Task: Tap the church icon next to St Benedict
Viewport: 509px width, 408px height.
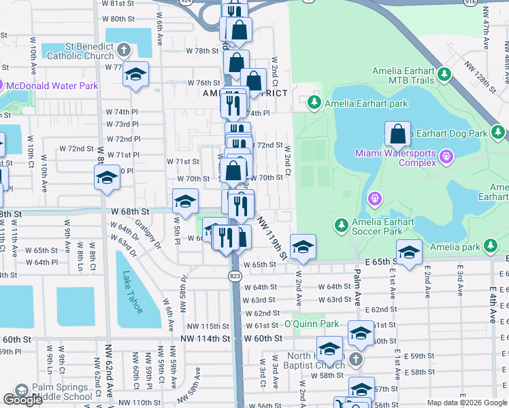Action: click(x=124, y=50)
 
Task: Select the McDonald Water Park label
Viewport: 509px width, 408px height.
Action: click(x=50, y=86)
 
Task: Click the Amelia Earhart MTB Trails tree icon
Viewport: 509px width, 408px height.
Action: click(x=444, y=73)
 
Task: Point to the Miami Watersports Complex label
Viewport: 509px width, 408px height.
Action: click(x=395, y=158)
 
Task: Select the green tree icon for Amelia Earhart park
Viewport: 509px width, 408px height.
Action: click(x=314, y=103)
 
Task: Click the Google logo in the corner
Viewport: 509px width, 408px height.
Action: click(x=22, y=400)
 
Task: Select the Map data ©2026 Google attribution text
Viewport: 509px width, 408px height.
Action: click(x=467, y=403)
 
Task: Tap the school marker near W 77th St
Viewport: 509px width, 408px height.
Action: click(x=135, y=74)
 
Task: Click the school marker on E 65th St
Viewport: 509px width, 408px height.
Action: click(x=409, y=254)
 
